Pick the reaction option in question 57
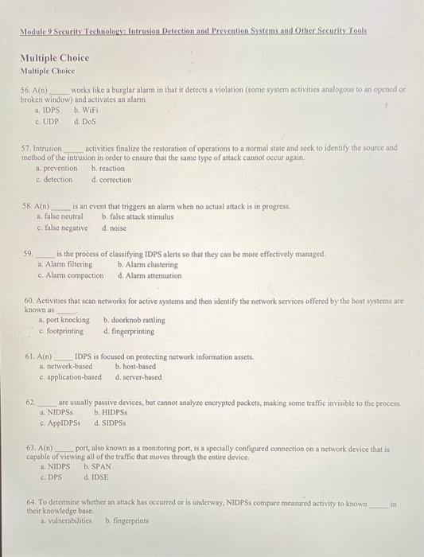(x=108, y=169)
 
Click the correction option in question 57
(x=111, y=179)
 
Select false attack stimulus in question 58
(x=137, y=217)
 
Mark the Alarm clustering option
(x=147, y=265)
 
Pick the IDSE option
(x=97, y=478)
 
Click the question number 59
(x=30, y=254)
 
